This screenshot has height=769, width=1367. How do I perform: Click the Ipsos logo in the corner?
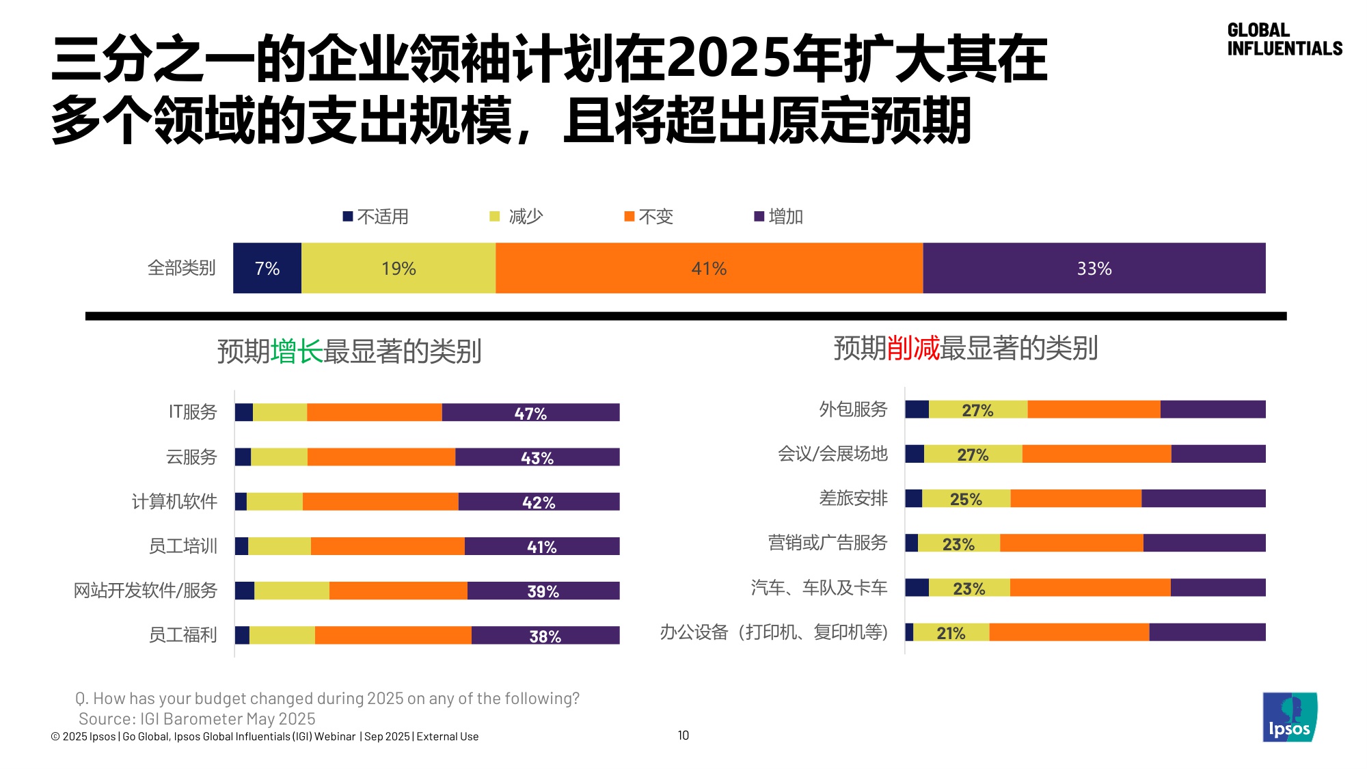click(x=1289, y=717)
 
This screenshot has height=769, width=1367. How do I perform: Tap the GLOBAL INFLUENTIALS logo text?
click(x=1284, y=40)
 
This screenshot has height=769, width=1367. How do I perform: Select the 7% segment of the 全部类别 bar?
click(x=267, y=269)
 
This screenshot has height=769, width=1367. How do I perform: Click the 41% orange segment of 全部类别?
click(x=709, y=269)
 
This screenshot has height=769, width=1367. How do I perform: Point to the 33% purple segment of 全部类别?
click(x=1094, y=269)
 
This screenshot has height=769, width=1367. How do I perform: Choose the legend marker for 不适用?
click(x=348, y=217)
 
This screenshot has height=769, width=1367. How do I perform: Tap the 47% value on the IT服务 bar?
click(x=530, y=414)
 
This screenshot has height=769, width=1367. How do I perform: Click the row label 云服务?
click(x=191, y=457)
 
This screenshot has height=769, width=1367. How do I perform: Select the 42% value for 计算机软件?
click(x=539, y=502)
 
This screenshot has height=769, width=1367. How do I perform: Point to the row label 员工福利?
click(x=183, y=635)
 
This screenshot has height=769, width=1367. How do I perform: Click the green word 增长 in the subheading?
click(x=297, y=351)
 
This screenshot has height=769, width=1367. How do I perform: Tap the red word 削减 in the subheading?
click(x=913, y=349)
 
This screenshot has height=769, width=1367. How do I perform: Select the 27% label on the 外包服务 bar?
click(x=977, y=410)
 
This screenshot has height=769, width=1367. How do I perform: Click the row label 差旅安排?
click(x=854, y=498)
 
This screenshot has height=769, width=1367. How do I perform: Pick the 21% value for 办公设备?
click(x=951, y=633)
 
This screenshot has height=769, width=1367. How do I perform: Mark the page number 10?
click(x=683, y=736)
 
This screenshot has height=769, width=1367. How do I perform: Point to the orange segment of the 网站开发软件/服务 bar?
click(x=398, y=591)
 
